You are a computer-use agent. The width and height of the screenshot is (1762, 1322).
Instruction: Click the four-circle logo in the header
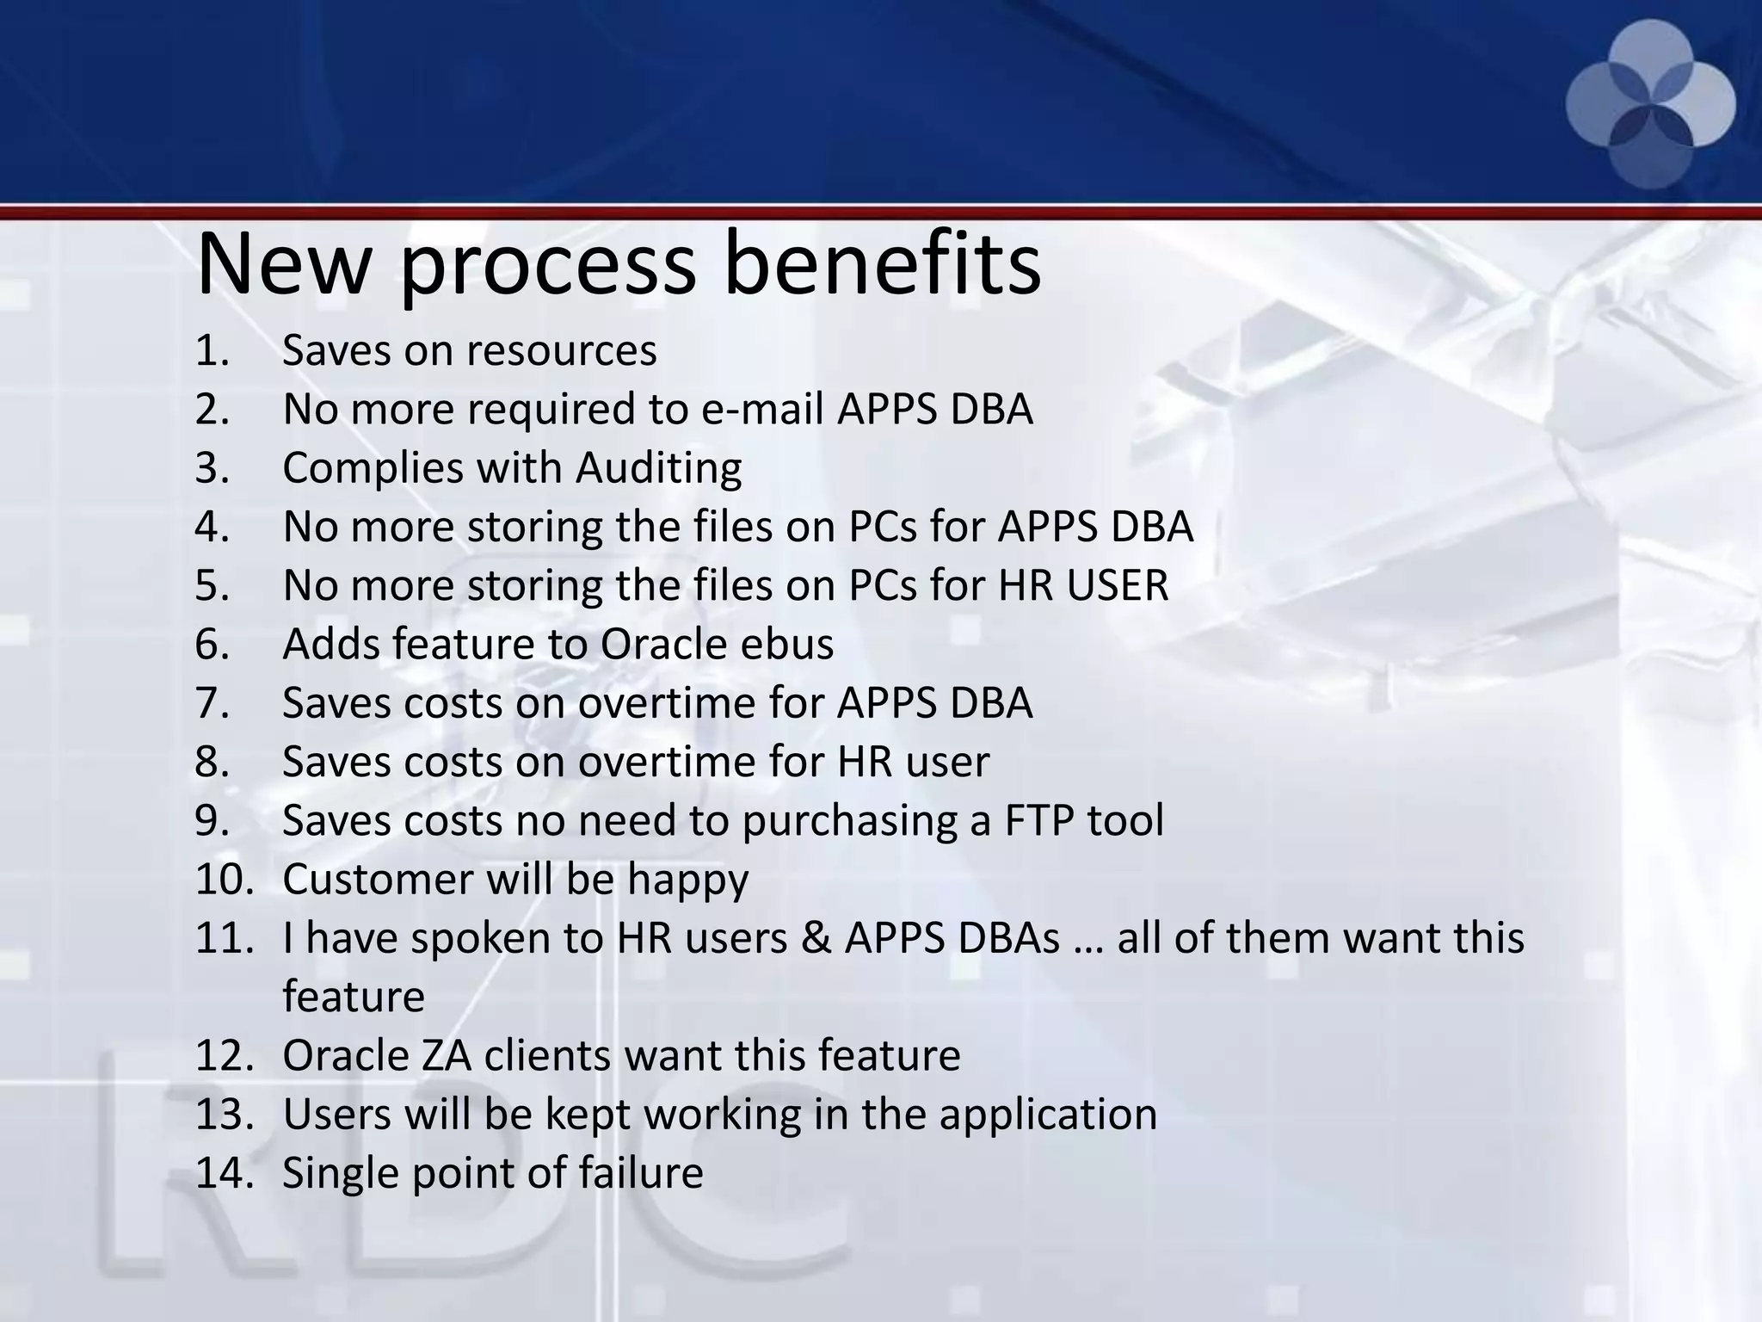[x=1650, y=104]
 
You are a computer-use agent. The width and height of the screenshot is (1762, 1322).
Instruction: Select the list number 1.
[x=212, y=350]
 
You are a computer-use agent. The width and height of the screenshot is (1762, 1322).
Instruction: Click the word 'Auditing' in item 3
[x=658, y=468]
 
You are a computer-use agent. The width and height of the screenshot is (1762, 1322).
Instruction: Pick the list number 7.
[x=212, y=703]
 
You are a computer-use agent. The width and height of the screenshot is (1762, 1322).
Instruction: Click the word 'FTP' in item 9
[x=1038, y=820]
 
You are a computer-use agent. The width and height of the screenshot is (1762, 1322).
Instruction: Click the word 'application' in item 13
[x=1047, y=1115]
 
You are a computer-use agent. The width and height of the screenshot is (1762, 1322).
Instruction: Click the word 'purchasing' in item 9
[x=849, y=820]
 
